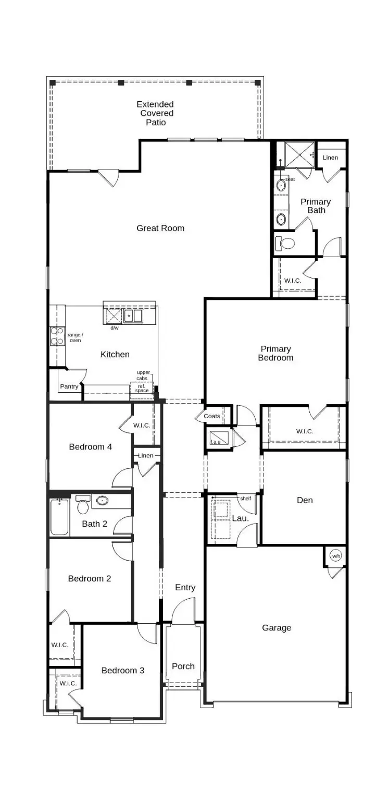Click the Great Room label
point(160,228)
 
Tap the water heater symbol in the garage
point(336,556)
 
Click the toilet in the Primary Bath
point(285,242)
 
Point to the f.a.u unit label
point(216,442)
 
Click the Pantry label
point(69,386)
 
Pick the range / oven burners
point(57,336)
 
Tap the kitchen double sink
point(133,316)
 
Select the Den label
point(305,500)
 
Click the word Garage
point(277,628)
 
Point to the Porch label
point(183,666)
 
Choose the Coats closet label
point(212,416)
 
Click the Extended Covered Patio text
point(156,113)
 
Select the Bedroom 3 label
point(123,670)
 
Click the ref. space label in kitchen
point(142,388)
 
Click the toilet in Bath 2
point(83,506)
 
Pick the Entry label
point(185,588)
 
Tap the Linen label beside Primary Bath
point(330,157)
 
